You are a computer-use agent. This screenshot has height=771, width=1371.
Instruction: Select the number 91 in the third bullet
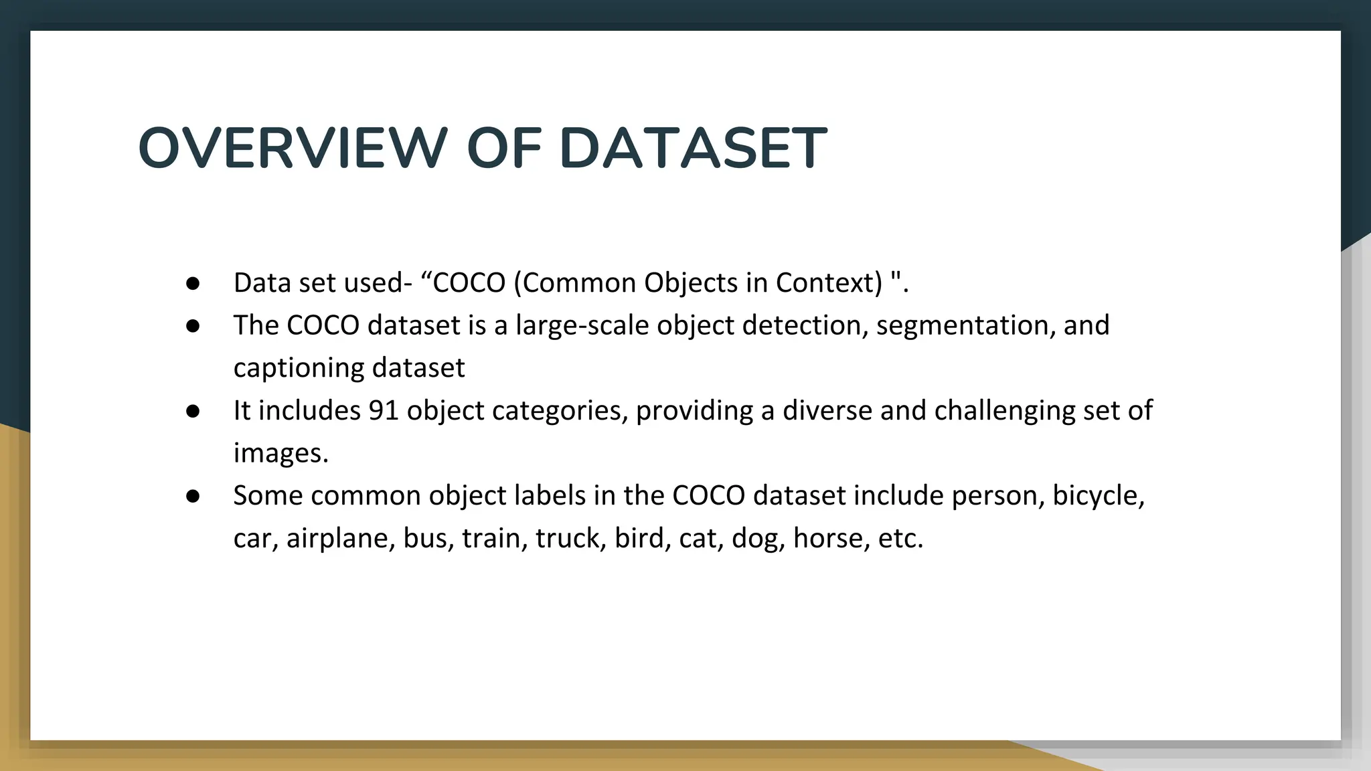pyautogui.click(x=384, y=410)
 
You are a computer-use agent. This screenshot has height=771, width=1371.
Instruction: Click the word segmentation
pyautogui.click(x=963, y=326)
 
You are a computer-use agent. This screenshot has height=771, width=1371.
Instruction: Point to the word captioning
pyautogui.click(x=299, y=369)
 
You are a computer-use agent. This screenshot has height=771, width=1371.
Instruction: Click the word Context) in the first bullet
pyautogui.click(x=829, y=283)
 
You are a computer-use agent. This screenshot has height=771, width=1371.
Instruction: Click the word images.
pyautogui.click(x=280, y=454)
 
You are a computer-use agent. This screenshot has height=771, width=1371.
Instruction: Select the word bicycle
pyautogui.click(x=1098, y=496)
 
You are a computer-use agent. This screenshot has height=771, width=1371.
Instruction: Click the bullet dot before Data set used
pyautogui.click(x=193, y=284)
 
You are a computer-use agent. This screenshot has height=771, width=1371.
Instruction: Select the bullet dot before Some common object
pyautogui.click(x=193, y=497)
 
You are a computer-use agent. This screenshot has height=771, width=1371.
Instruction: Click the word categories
pyautogui.click(x=560, y=411)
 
